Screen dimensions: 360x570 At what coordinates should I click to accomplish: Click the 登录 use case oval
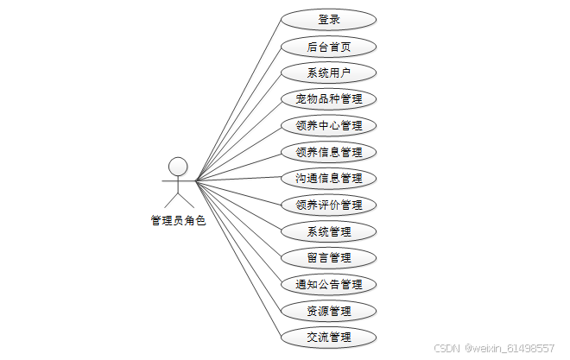[x=329, y=19]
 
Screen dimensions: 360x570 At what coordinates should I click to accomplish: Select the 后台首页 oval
[x=329, y=46]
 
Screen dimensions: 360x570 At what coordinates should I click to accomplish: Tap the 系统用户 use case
[x=329, y=73]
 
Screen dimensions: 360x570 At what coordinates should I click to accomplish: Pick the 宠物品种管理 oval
[x=329, y=98]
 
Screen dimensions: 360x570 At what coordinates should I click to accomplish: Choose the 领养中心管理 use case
[x=329, y=125]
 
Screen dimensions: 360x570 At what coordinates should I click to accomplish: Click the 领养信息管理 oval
[x=329, y=152]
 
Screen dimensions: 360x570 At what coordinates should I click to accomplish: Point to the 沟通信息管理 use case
[x=329, y=178]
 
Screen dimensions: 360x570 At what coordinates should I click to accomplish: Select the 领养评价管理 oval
[x=329, y=205]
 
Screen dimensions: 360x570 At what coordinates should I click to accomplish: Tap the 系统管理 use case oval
[x=329, y=231]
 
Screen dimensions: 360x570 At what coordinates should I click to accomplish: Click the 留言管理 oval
[x=329, y=257]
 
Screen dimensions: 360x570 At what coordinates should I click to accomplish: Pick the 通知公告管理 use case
[x=329, y=284]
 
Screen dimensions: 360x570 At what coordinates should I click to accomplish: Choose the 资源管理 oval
[x=329, y=310]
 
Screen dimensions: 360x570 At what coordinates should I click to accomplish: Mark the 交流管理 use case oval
[x=329, y=337]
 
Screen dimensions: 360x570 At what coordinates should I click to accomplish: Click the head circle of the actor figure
[x=178, y=166]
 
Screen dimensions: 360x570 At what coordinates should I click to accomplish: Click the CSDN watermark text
[x=446, y=348]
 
